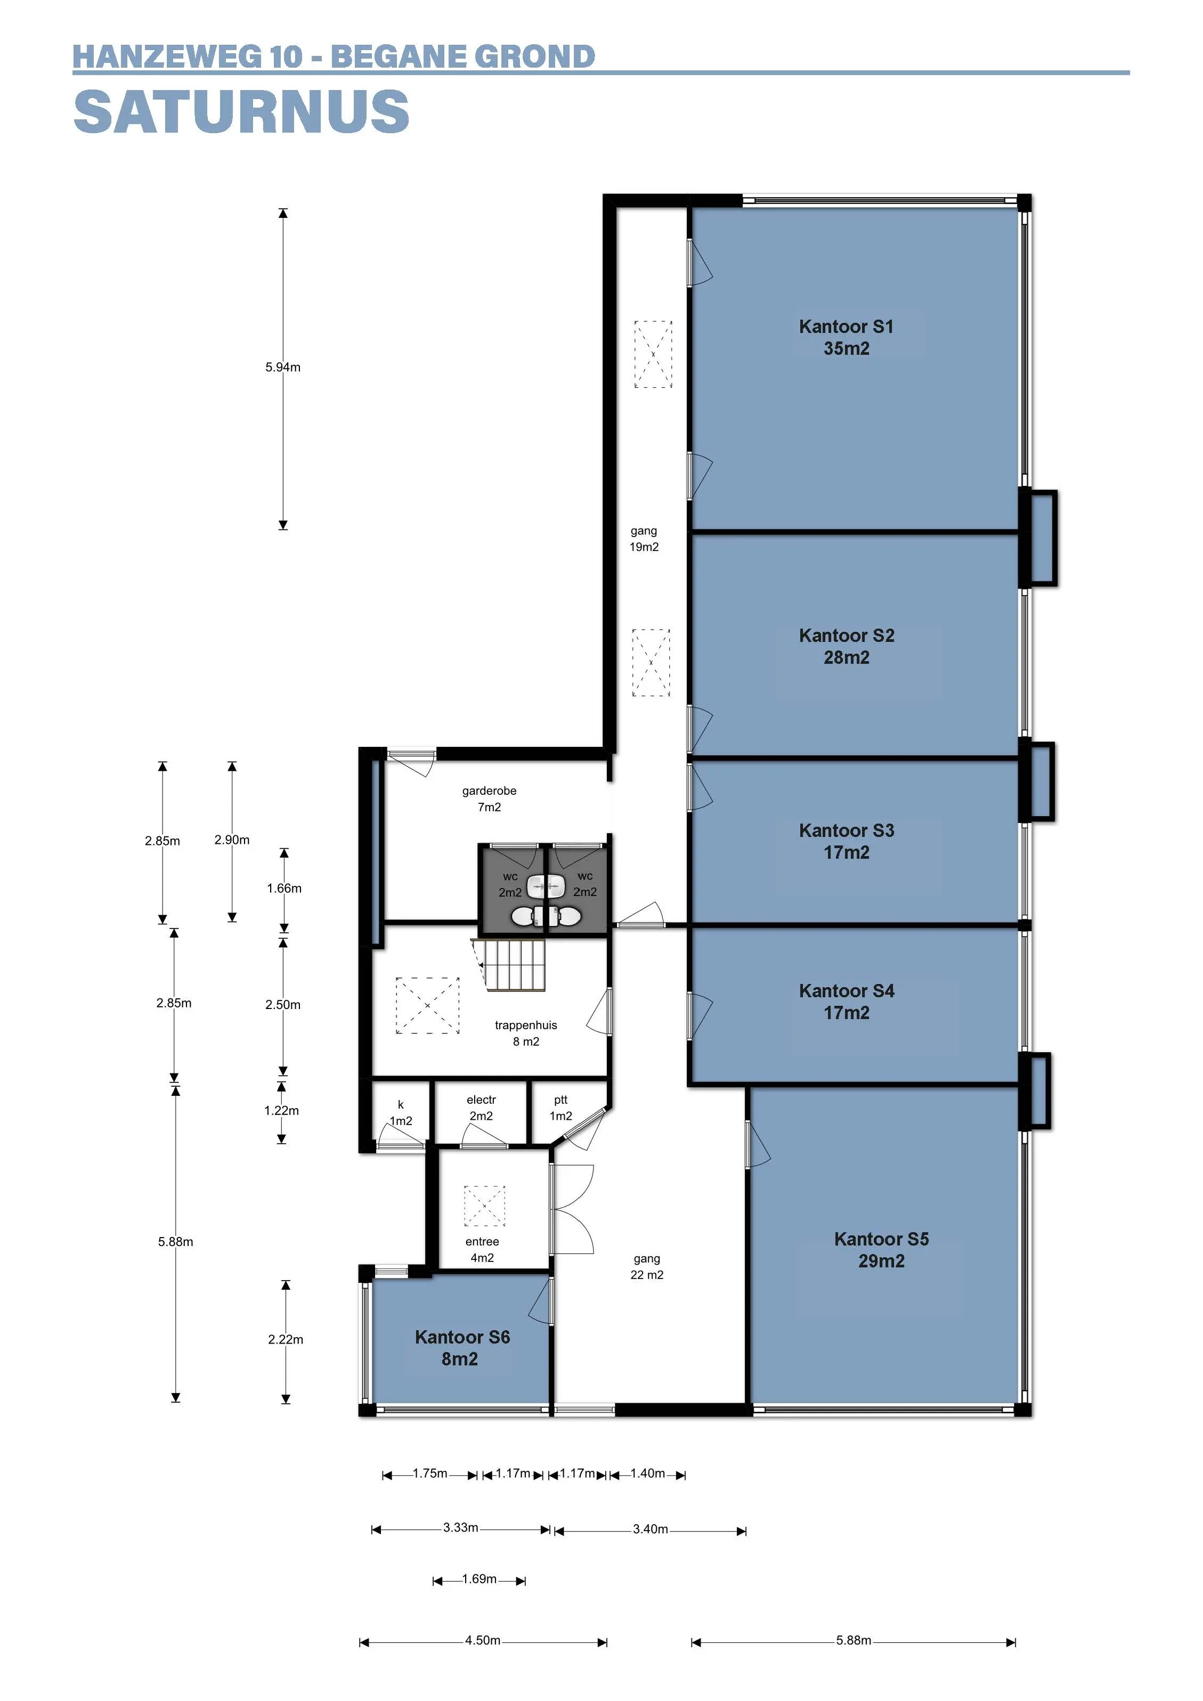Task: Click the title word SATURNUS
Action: (241, 111)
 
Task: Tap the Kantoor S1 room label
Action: (846, 327)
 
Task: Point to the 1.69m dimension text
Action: (479, 1579)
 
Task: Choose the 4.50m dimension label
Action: (483, 1640)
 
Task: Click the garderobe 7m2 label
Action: (489, 799)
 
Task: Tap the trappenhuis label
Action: (526, 1026)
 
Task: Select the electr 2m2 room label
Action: (482, 1108)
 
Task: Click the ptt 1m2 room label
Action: (561, 1108)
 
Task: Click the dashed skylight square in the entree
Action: (484, 1206)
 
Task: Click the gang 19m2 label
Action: (644, 539)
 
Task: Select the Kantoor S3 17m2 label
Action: (846, 841)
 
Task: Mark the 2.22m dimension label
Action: (286, 1339)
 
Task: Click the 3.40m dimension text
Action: (651, 1529)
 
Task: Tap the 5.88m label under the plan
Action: (854, 1640)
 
